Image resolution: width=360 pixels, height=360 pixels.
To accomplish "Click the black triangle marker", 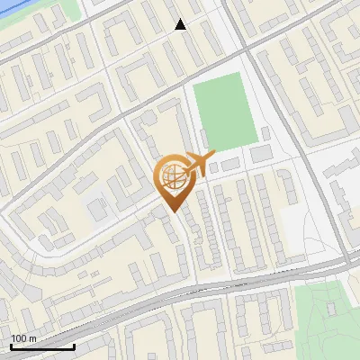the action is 180,24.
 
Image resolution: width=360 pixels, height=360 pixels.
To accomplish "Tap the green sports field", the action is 222,112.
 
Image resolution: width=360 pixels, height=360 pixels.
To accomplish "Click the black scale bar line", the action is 42,346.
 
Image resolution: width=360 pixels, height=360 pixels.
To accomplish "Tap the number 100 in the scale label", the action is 19,338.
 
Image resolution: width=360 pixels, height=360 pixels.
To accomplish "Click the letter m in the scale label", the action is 32,338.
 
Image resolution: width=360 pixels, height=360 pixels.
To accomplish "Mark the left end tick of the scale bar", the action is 11,346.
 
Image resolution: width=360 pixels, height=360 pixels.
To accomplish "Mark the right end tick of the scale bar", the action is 74,346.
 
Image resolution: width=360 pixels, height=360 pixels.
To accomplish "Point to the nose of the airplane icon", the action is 214,153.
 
